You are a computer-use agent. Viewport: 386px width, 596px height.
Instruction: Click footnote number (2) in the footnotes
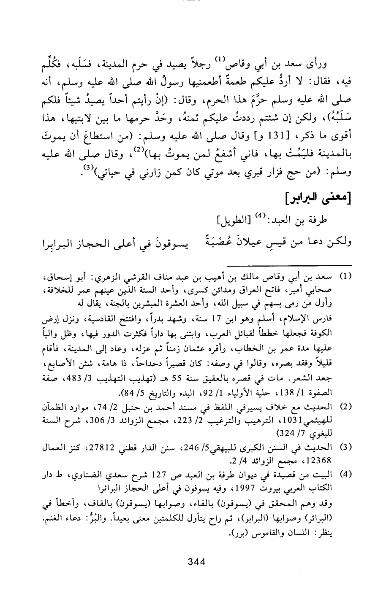tap(346, 407)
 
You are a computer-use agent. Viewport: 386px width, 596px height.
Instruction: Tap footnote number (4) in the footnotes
tap(346, 474)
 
